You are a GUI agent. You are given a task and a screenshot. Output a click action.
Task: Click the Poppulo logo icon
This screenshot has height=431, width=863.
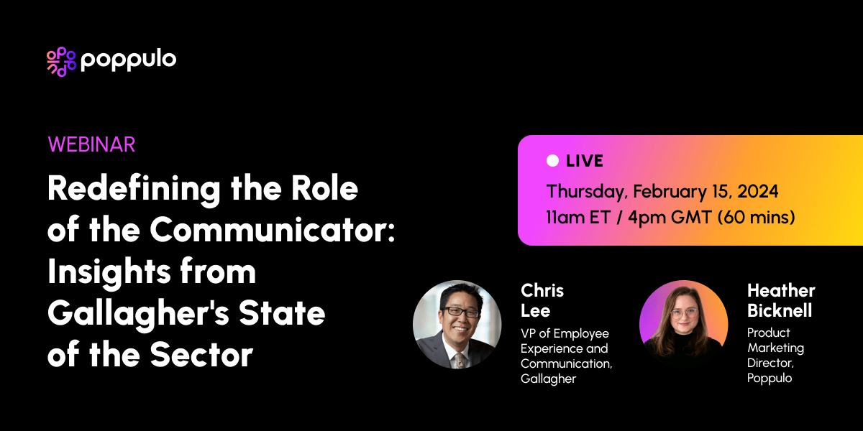tap(61, 61)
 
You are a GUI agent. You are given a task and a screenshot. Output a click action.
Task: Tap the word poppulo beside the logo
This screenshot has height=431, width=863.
tap(129, 60)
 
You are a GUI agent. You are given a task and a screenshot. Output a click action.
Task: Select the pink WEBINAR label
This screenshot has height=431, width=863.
tap(91, 144)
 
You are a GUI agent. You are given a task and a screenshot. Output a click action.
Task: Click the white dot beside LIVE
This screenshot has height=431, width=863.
tap(552, 161)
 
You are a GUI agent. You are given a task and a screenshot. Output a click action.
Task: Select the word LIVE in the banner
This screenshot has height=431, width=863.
tap(585, 161)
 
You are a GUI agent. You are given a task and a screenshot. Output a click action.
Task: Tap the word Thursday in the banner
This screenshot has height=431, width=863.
tap(585, 192)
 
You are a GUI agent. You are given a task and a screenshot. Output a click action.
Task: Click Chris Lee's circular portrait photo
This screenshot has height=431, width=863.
tap(457, 325)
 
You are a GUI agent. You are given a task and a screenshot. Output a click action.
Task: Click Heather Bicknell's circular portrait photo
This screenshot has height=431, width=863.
tap(683, 325)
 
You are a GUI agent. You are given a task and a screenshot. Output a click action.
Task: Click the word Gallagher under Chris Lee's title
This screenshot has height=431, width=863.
tap(548, 379)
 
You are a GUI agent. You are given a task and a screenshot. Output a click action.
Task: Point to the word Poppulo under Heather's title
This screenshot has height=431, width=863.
tap(769, 378)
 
